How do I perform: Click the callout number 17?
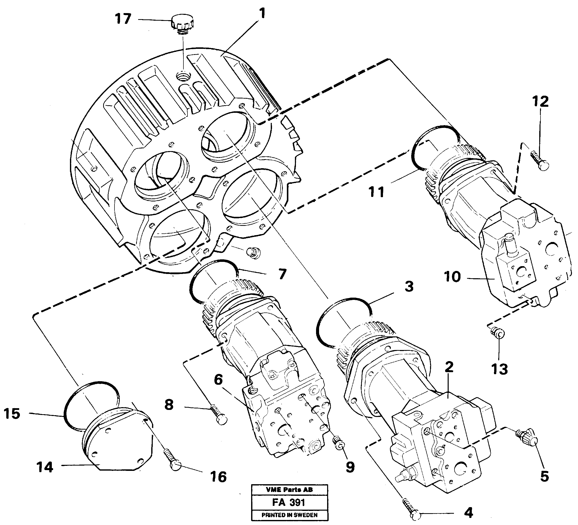pyautogui.click(x=123, y=19)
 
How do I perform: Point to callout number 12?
pyautogui.click(x=541, y=101)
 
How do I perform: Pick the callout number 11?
pyautogui.click(x=376, y=192)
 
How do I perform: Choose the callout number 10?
pyautogui.click(x=452, y=277)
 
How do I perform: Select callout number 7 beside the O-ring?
pyautogui.click(x=282, y=274)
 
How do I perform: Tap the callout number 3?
pyautogui.click(x=409, y=287)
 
